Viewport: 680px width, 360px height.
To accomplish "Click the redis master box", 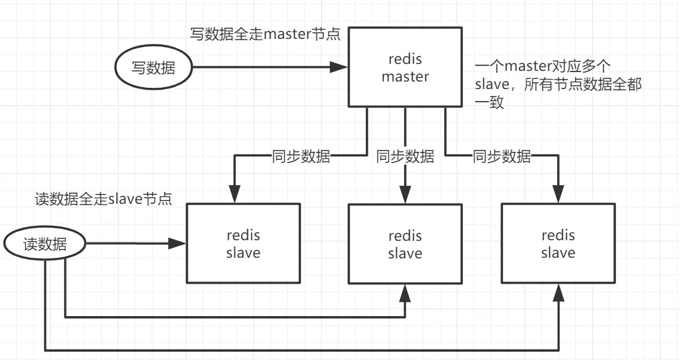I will point(405,67).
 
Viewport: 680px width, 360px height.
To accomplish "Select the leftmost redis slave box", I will point(243,244).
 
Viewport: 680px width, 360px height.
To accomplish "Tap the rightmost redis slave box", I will point(558,243).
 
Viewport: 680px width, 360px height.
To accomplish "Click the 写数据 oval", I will point(152,67).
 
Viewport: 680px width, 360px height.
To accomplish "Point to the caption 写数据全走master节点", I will point(265,34).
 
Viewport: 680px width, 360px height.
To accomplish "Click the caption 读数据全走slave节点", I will point(104,199).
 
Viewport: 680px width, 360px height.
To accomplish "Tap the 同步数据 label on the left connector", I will point(301,156).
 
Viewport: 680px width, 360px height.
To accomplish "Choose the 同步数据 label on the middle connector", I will point(405,156).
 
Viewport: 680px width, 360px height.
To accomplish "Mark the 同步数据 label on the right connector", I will point(502,156).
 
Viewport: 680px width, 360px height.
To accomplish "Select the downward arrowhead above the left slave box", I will point(235,194).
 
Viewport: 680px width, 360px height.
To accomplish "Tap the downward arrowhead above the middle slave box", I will point(405,194).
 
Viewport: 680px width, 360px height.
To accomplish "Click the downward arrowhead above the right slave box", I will point(558,194).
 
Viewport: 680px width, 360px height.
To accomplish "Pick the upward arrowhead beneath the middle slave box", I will point(405,292).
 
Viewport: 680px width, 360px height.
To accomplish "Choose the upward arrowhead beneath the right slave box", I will point(558,292).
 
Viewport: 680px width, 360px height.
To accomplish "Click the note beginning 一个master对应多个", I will point(558,85).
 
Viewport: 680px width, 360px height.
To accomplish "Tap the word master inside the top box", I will point(405,77).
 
